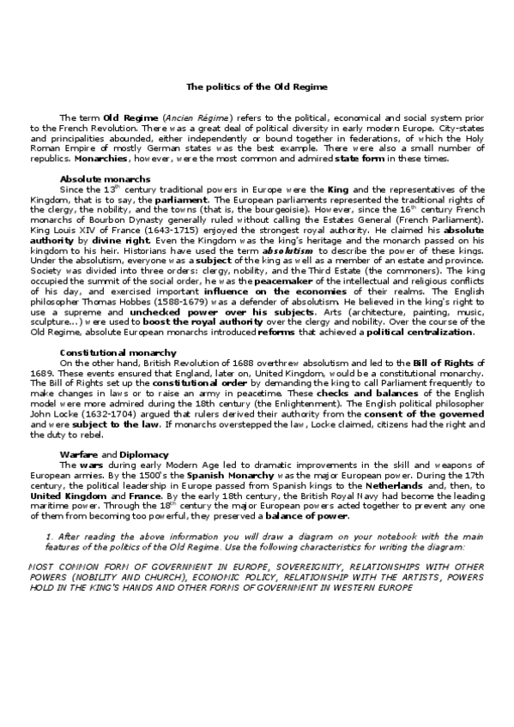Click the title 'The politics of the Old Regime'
click(x=257, y=87)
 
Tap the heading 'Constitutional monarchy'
click(x=106, y=352)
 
